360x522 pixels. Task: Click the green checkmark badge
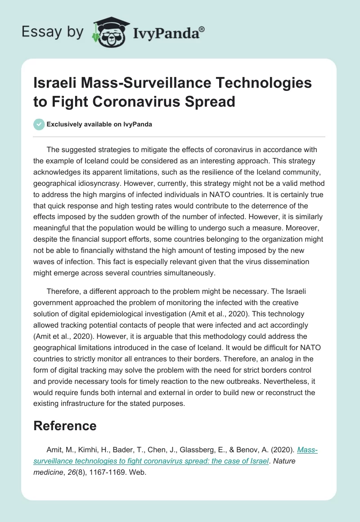click(39, 124)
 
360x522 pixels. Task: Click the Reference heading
click(65, 426)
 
